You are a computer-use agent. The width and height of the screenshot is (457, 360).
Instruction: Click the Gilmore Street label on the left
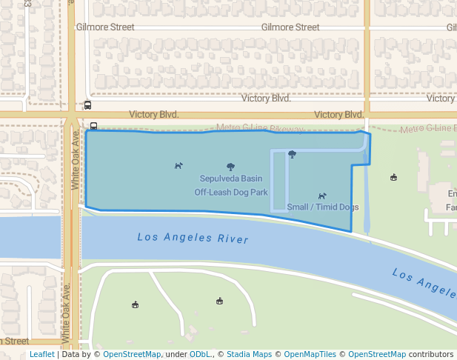(105, 27)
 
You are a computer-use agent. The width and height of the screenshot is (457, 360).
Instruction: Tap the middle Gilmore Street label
(290, 27)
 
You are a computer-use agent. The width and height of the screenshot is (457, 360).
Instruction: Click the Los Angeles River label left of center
(193, 239)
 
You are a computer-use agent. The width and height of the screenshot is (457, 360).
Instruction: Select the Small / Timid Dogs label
(323, 207)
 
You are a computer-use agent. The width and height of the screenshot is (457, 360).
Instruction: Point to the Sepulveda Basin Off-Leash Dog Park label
(231, 185)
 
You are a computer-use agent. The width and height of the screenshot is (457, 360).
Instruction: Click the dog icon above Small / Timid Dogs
(322, 196)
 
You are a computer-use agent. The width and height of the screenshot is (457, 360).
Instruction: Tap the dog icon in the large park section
(179, 165)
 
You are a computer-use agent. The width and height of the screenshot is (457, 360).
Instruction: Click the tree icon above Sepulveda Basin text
(230, 167)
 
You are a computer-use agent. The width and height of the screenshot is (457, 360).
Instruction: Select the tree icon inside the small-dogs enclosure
(292, 154)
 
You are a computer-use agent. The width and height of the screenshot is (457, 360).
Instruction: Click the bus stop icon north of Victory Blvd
(88, 105)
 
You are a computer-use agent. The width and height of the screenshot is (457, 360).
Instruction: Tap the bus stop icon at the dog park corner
(93, 125)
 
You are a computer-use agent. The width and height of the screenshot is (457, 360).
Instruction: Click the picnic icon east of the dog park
(393, 177)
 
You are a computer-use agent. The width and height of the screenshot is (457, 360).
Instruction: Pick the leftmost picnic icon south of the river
(135, 304)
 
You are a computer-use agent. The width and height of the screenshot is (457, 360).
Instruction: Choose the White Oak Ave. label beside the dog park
(76, 159)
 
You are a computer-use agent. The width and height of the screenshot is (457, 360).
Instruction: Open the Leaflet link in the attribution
(41, 354)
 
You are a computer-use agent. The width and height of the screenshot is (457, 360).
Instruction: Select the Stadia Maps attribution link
(249, 354)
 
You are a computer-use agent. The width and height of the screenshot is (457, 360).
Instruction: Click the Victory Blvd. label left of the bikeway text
(154, 115)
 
